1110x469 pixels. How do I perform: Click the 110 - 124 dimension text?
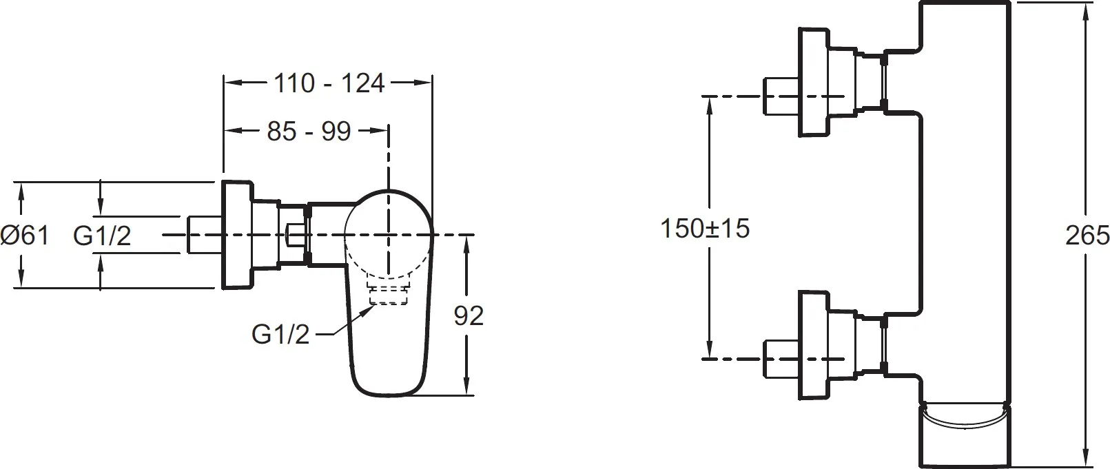click(x=329, y=83)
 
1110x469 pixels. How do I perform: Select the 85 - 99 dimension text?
click(x=309, y=132)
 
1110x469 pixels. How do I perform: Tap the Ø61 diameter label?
click(x=25, y=235)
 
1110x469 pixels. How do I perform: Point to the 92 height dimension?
click(x=469, y=315)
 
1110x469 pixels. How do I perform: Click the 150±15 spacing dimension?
click(x=705, y=229)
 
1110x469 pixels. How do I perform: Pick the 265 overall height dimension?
click(x=1087, y=236)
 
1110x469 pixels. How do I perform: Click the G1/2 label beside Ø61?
click(x=102, y=236)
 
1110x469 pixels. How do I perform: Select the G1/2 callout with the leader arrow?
click(x=280, y=334)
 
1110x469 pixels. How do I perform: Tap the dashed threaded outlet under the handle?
click(x=389, y=294)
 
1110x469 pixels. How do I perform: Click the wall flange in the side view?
click(x=237, y=235)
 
